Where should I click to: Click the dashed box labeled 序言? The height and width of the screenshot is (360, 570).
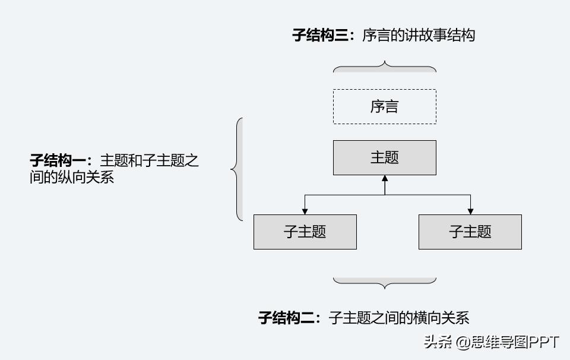384,107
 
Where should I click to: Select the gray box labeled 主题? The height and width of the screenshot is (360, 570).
384,157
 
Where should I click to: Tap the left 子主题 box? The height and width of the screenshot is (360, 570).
305,232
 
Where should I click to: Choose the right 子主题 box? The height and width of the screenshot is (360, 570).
470,232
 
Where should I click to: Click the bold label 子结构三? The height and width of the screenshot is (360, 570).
321,35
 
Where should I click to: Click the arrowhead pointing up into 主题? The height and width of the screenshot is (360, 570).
385,179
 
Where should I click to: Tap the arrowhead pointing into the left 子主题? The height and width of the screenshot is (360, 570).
305,211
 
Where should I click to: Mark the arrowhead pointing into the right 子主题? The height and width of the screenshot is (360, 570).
470,211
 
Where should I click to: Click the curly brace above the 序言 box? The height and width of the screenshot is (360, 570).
385,67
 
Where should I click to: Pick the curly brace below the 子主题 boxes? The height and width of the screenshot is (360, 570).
385,282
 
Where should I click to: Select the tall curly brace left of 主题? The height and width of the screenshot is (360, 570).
237,170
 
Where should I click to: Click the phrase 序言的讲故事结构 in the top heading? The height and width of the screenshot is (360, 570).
419,35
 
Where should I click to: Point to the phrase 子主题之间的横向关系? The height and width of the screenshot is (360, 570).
399,318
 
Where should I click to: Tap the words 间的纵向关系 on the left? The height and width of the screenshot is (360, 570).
71,177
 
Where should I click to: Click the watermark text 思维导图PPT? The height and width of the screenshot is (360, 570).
515,343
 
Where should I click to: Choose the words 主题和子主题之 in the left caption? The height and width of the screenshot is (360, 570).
149,160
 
